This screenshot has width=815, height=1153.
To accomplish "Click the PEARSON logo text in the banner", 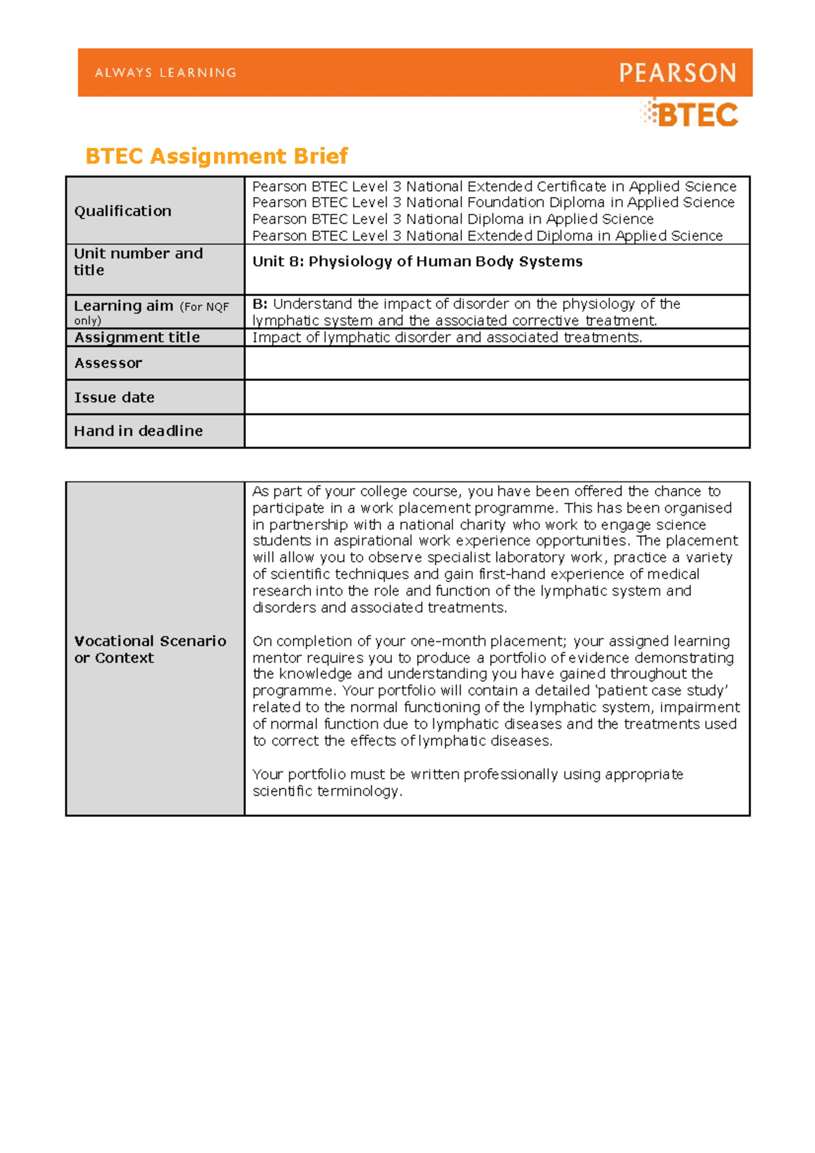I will [677, 73].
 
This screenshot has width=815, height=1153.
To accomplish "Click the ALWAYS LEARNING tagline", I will [166, 73].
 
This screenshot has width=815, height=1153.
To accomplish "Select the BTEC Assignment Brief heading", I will [216, 156].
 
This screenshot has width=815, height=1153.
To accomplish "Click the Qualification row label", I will [122, 211].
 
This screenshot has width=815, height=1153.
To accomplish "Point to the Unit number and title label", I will [138, 261].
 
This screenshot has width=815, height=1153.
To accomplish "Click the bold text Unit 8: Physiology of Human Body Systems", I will [417, 261].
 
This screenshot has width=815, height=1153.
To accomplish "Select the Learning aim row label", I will [124, 306].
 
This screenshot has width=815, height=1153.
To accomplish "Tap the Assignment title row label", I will [137, 337].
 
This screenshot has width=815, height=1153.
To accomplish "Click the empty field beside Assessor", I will [496, 363].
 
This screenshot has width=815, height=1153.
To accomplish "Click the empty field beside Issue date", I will [496, 397].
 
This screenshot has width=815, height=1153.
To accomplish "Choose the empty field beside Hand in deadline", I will [496, 431].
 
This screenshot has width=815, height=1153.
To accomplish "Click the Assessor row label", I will [108, 363].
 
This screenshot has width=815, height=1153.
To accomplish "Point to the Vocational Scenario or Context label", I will [149, 649].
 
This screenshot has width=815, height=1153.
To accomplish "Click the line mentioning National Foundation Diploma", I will [493, 202].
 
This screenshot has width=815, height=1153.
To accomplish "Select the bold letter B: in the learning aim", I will [259, 304].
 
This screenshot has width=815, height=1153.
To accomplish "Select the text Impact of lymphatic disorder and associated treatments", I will [447, 337].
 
